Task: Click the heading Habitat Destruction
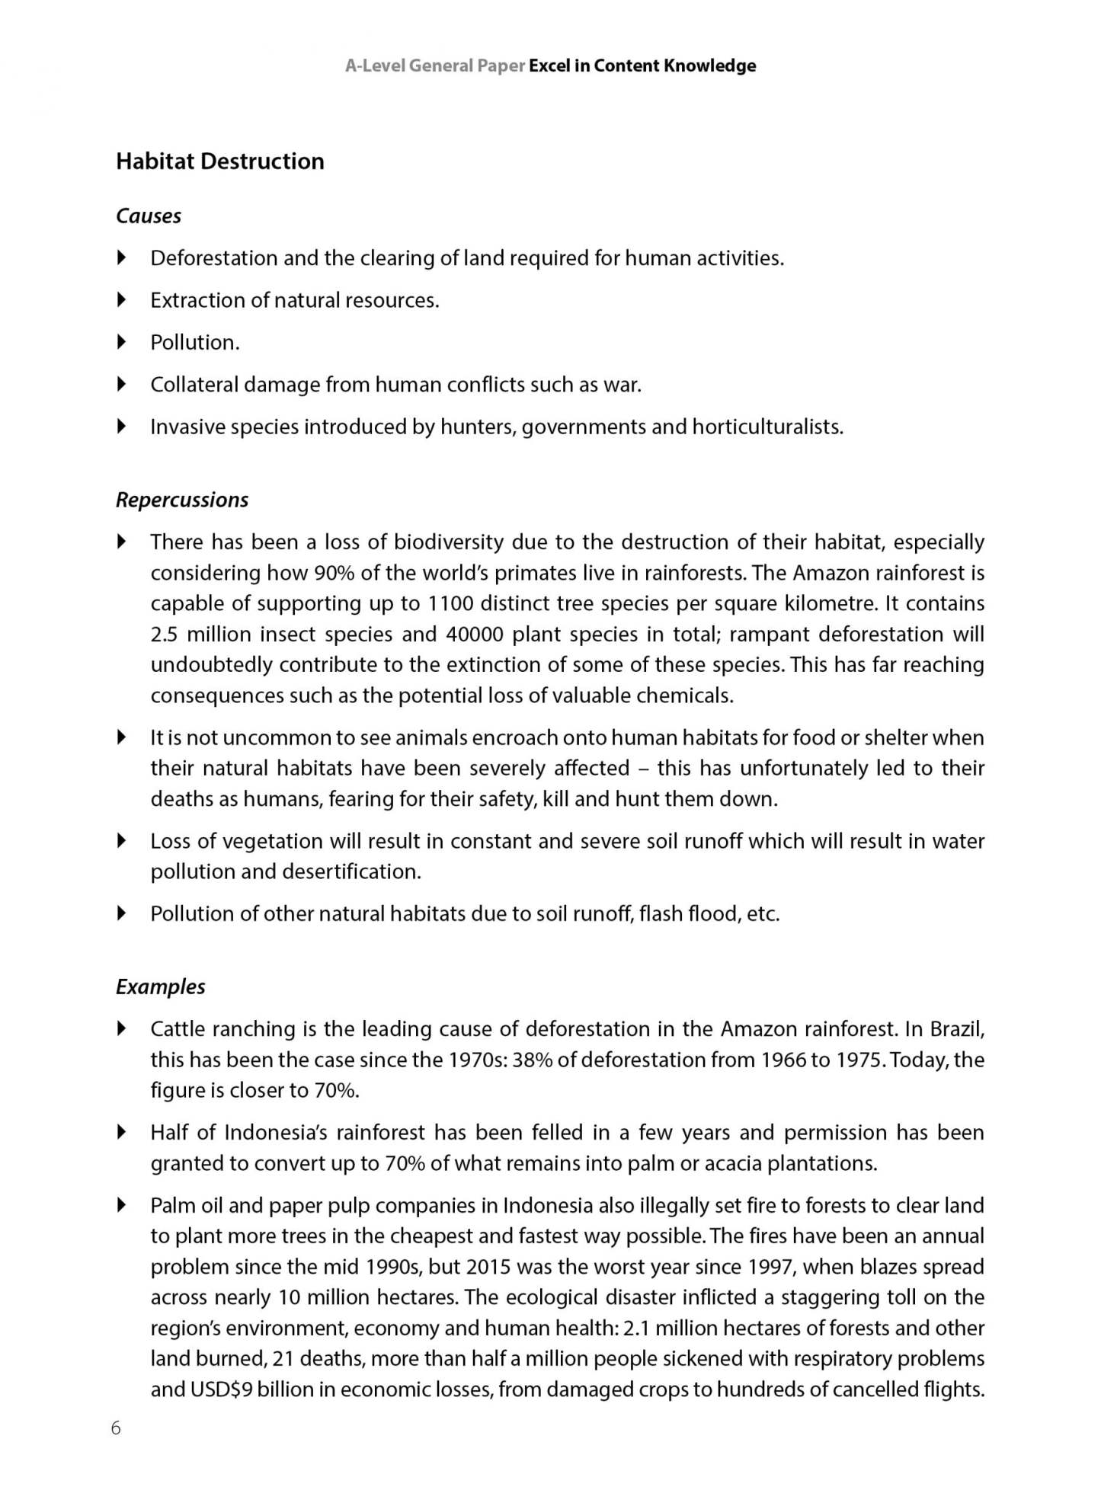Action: click(219, 161)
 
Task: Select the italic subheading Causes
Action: click(148, 216)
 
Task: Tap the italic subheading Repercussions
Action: click(181, 500)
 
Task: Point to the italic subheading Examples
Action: click(160, 987)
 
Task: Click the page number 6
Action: click(116, 1428)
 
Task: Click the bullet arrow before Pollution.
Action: click(122, 343)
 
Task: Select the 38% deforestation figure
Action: click(533, 1060)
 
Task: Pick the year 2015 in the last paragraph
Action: click(488, 1268)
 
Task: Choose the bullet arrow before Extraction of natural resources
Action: click(122, 300)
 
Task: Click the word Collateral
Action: click(194, 385)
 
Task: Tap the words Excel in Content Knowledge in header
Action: click(642, 66)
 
